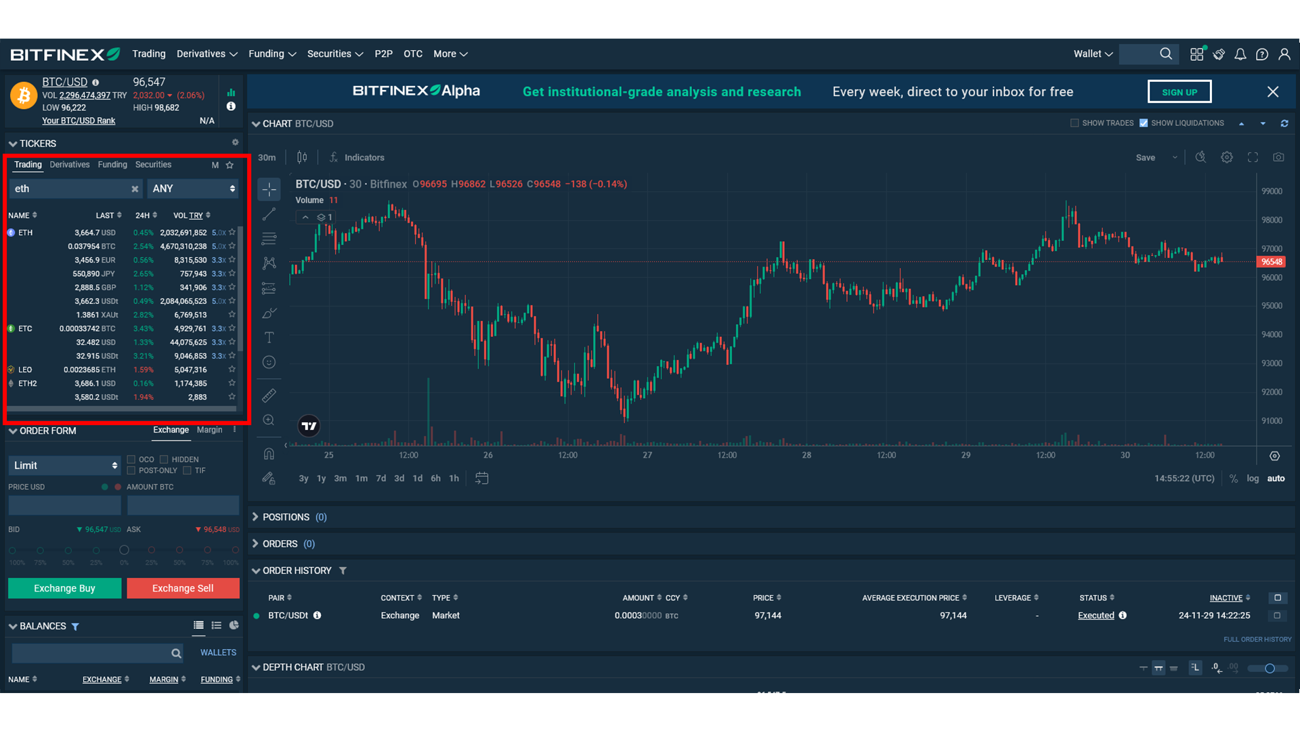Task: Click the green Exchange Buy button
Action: coord(64,588)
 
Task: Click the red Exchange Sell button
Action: coord(183,588)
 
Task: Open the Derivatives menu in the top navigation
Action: coord(207,54)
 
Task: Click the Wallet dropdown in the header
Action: coord(1092,54)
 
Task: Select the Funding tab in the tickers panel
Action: coord(112,164)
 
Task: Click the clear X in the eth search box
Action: coord(135,189)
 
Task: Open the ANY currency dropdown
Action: coord(193,189)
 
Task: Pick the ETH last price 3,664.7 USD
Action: coord(95,233)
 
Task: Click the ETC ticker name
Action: coord(25,329)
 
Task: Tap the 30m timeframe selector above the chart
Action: coord(267,158)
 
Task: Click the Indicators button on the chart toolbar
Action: coord(364,158)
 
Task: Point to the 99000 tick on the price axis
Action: coord(1272,192)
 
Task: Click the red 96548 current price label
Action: coord(1271,262)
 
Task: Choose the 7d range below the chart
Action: coord(381,479)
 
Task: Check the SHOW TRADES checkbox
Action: coord(1075,123)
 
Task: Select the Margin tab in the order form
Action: coord(209,430)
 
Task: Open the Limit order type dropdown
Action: coord(64,466)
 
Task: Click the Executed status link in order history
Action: coord(1096,616)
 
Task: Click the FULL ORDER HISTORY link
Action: coord(1257,640)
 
